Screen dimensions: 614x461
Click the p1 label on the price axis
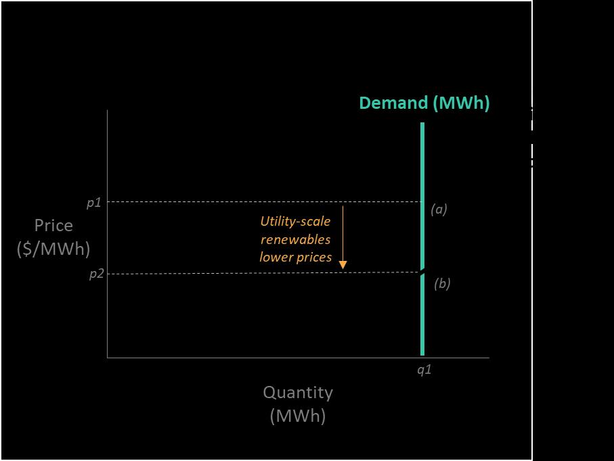(93, 203)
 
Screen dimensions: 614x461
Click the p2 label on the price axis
(96, 274)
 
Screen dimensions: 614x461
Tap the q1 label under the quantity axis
(424, 369)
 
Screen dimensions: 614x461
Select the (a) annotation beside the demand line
(439, 210)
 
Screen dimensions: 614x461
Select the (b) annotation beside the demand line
(442, 284)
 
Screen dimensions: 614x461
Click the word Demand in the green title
(393, 103)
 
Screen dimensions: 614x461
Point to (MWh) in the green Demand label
(461, 103)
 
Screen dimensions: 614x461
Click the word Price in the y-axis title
(53, 225)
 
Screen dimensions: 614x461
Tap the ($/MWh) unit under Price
(53, 249)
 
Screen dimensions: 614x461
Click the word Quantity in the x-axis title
(298, 392)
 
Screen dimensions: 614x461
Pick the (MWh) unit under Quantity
(298, 415)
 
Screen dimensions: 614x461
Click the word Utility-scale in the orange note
(296, 221)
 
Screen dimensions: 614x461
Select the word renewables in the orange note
(296, 239)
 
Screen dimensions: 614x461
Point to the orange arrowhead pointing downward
(343, 264)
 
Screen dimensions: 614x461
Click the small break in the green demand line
(422, 272)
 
